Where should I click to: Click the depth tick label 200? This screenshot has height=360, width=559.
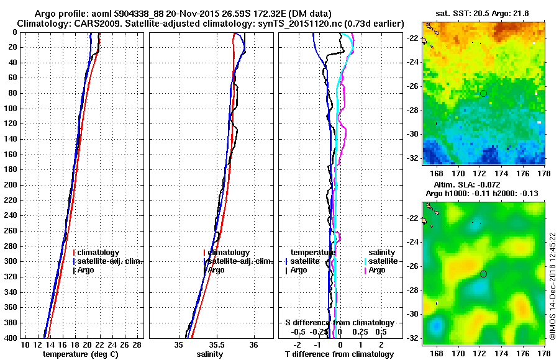tap(10, 184)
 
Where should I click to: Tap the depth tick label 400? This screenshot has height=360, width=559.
tap(10, 337)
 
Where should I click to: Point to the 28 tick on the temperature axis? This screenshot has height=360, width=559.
tap(137, 344)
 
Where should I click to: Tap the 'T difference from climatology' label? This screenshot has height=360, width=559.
tap(340, 354)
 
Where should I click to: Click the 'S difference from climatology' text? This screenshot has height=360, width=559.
tap(340, 323)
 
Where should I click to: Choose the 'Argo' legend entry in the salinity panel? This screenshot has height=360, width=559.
tap(216, 270)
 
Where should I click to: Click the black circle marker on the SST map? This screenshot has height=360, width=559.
tap(483, 93)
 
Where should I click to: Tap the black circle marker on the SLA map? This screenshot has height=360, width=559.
tap(483, 274)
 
